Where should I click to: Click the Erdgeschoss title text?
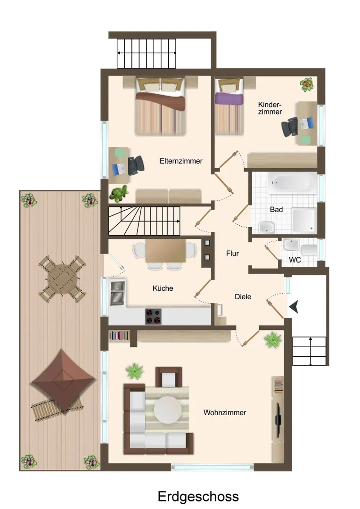point(198,497)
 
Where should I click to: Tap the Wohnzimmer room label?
point(225,412)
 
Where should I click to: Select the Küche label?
point(163,288)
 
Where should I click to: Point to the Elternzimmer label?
point(181,161)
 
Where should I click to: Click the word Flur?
point(232,254)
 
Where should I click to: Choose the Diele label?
point(243,297)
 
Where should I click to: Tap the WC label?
point(295,260)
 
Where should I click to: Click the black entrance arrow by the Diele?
point(294,307)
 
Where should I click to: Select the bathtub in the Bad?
point(292,183)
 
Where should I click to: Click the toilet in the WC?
point(309,250)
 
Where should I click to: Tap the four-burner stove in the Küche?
point(153,316)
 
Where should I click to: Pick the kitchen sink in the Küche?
point(117,293)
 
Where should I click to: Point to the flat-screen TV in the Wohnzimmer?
point(278,414)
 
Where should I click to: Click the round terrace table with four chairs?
point(62,279)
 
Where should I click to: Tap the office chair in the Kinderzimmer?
point(290,127)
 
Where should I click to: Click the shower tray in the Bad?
point(304,221)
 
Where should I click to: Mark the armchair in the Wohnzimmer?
point(169,377)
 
